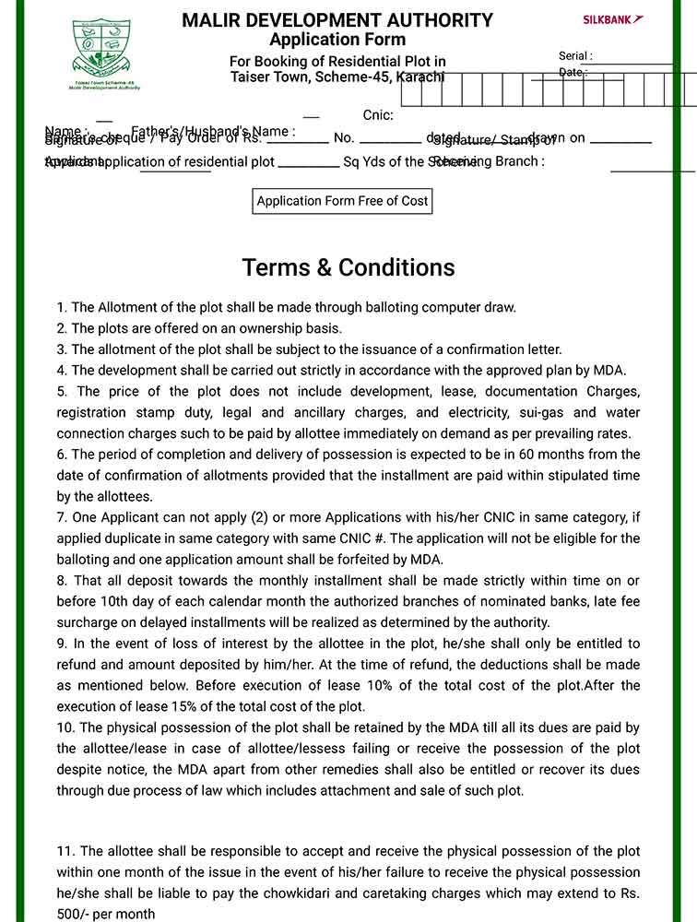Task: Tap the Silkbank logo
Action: coord(613,19)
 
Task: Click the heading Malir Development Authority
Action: coord(337,20)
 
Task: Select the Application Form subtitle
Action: coord(337,40)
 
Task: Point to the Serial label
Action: coord(575,56)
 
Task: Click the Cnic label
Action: coord(378,115)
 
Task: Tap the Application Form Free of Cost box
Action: coord(342,201)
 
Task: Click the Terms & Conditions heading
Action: coord(348,267)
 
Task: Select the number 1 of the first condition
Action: coord(61,308)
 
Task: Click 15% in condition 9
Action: coord(173,706)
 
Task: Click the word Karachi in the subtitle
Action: coord(420,77)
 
